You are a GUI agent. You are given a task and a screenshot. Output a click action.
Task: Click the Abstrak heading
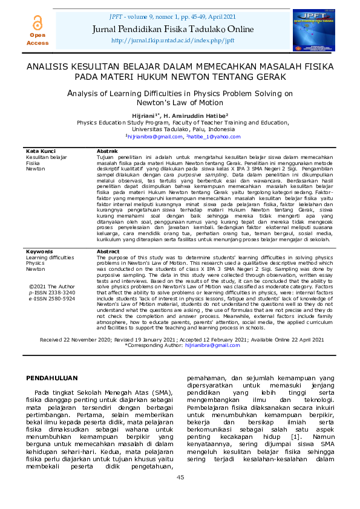coord(107,151)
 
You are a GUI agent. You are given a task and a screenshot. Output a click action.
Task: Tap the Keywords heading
coord(39,268)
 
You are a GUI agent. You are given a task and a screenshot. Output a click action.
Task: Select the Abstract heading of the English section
coord(108,268)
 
